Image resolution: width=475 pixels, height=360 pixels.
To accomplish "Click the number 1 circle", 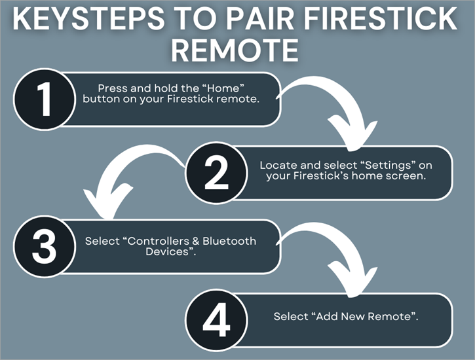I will point(45,100).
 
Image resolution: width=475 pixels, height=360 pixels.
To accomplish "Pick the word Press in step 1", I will point(111,88).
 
